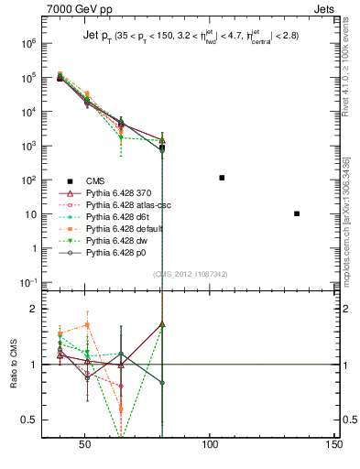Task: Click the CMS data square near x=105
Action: [222, 178]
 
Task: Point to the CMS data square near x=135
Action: [297, 213]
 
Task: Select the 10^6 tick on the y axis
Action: [31, 43]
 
